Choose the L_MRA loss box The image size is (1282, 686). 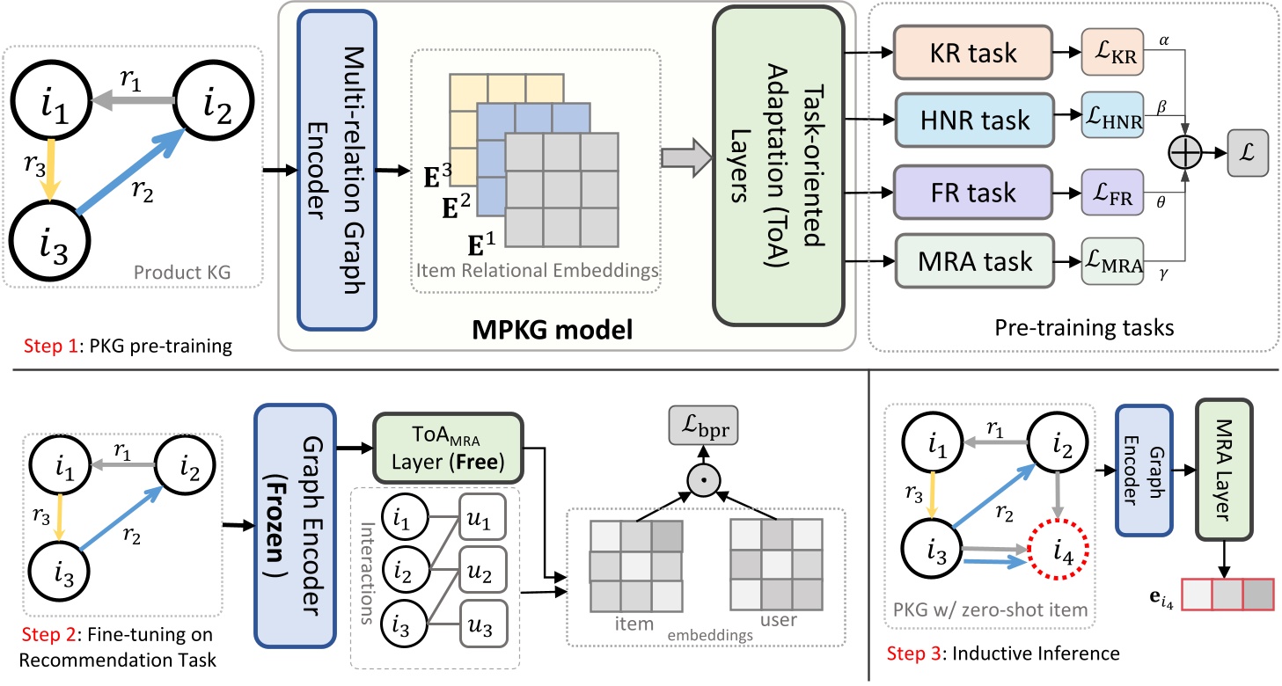(1112, 261)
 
